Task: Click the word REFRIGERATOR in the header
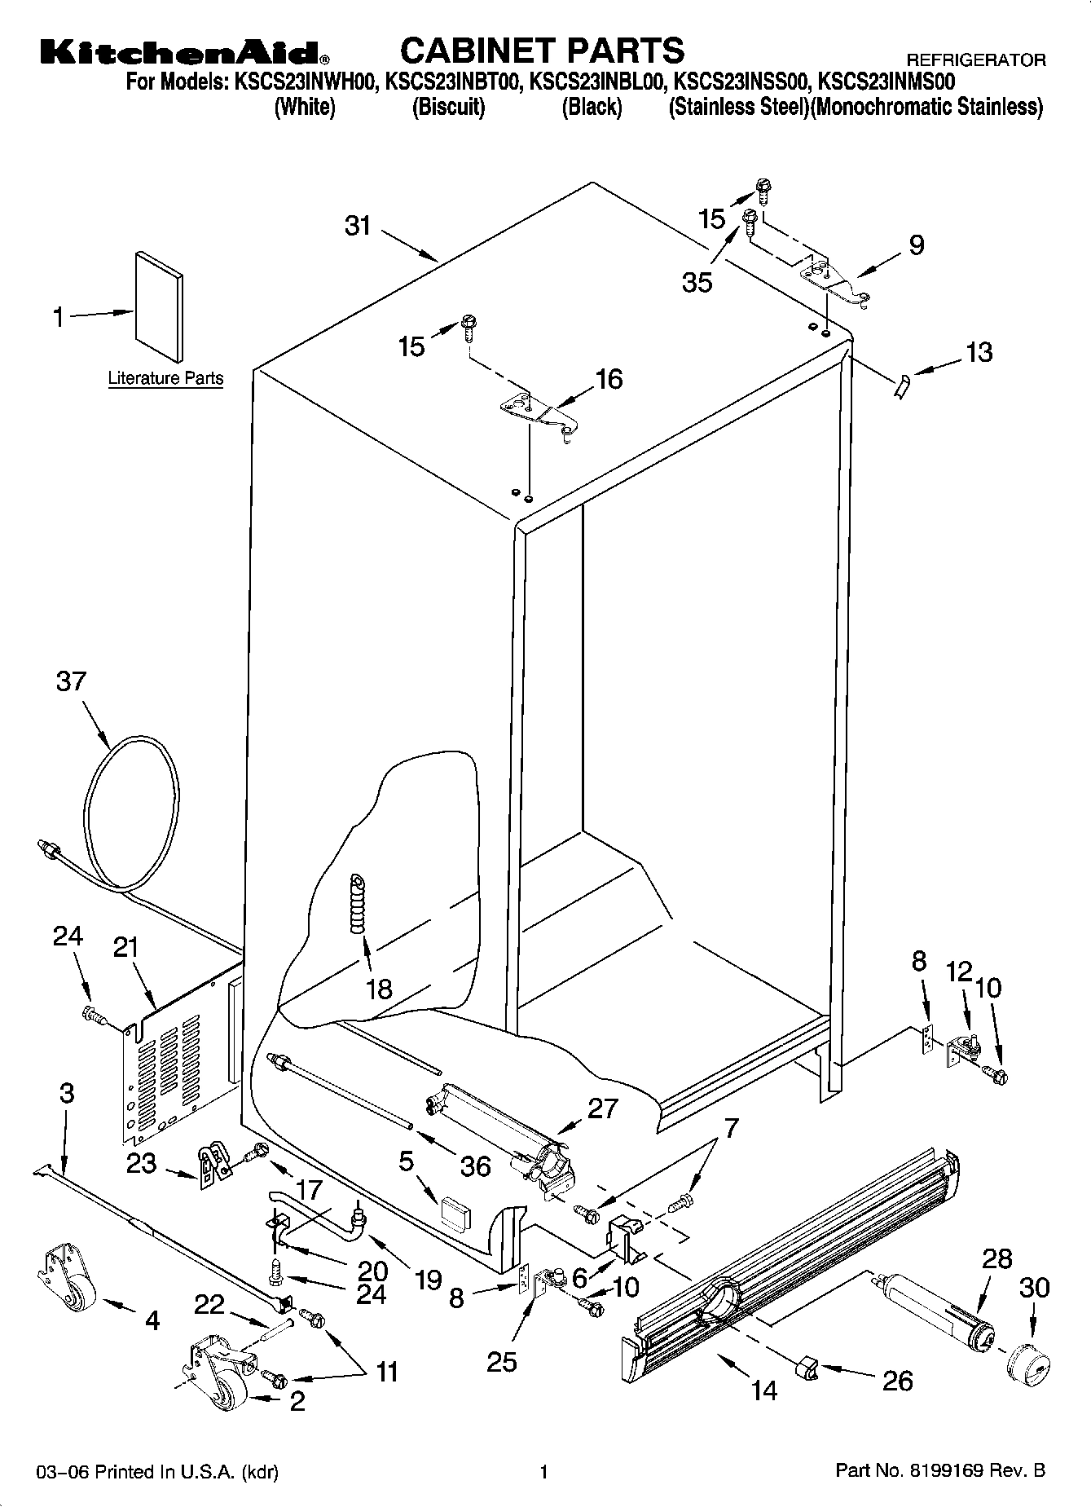click(x=975, y=60)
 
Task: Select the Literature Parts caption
click(x=165, y=378)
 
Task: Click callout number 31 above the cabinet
click(x=358, y=226)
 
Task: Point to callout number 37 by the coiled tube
click(x=71, y=681)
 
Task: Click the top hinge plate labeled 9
click(x=836, y=282)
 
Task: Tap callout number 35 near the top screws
click(x=697, y=282)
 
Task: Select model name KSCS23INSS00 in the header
click(x=741, y=82)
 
